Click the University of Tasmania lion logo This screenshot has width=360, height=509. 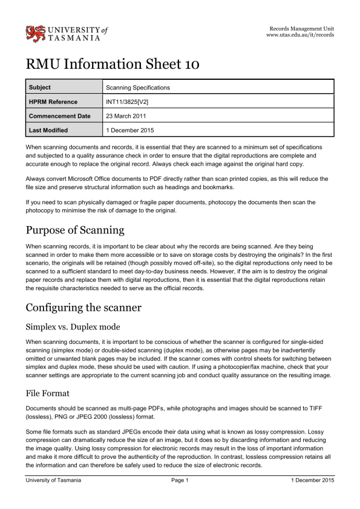click(34, 33)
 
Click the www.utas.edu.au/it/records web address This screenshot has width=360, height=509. click(300, 36)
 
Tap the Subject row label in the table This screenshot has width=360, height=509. click(40, 88)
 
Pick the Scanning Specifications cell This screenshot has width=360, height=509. click(138, 88)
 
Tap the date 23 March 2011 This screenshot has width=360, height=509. click(126, 115)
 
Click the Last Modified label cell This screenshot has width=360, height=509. click(48, 129)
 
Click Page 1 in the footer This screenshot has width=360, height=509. click(180, 480)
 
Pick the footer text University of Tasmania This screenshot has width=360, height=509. click(53, 480)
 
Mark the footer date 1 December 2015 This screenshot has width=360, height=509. click(312, 480)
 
